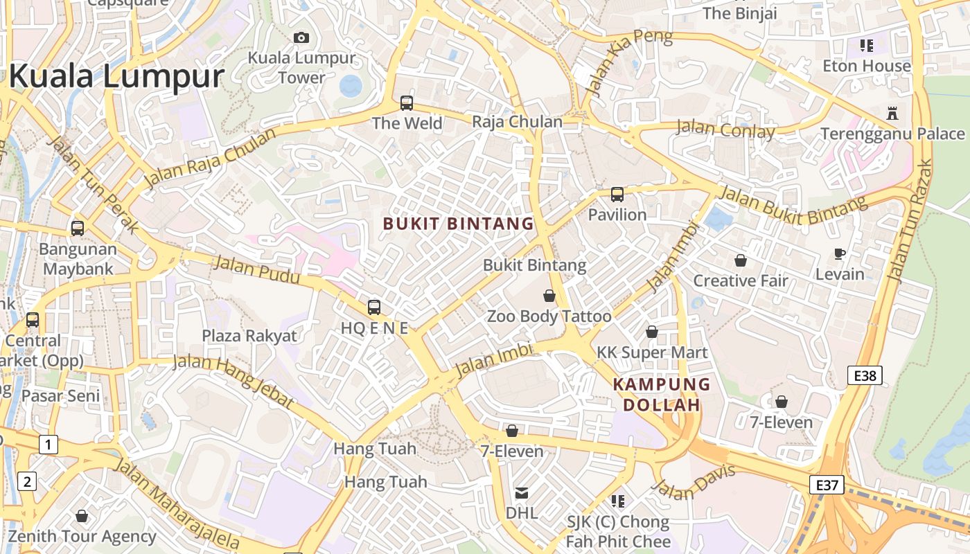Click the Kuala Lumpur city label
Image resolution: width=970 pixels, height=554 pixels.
pos(116,76)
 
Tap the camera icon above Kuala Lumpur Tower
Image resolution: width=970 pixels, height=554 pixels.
pos(301,37)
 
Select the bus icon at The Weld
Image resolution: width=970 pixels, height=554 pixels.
pos(407,103)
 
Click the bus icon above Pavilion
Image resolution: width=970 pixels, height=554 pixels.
pos(617,195)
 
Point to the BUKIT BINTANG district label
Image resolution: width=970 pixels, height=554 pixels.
pos(459,224)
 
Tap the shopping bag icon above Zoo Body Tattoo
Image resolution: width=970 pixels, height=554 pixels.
pos(549,296)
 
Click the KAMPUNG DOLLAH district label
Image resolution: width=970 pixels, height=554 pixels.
pos(662,394)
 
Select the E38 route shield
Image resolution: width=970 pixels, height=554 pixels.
pos(865,376)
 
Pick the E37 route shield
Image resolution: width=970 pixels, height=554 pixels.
pos(827,485)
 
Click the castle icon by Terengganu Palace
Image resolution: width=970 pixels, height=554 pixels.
pos(892,114)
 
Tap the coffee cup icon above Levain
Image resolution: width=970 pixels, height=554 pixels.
pos(840,254)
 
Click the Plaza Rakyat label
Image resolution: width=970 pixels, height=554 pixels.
pos(249,336)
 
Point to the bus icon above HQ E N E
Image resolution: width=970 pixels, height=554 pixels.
pos(374,307)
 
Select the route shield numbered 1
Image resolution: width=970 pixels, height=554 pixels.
pos(48,444)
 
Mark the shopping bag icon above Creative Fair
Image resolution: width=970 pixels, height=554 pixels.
pos(741,260)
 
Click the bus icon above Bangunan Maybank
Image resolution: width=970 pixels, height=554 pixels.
pos(78,228)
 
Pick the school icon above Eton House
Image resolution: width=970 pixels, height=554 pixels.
pos(866,46)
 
